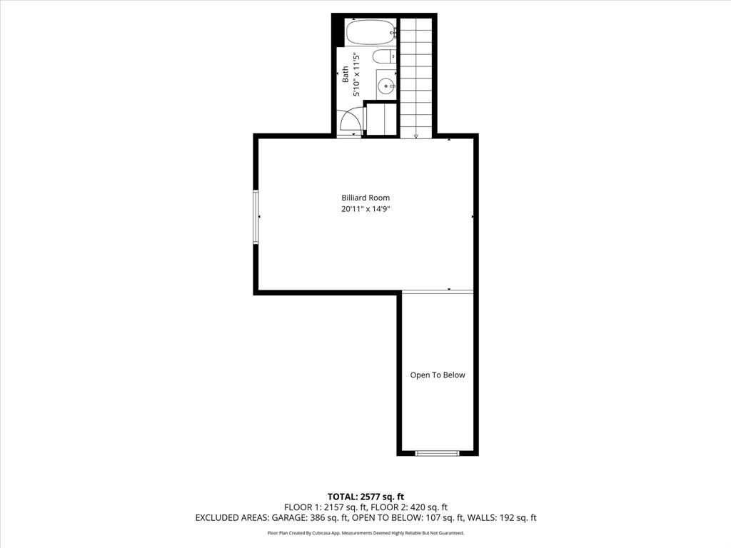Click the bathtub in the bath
pos(370,32)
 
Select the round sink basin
pos(386,86)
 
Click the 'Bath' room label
pos(346,74)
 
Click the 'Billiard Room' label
pos(365,198)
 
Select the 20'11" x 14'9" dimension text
pos(365,209)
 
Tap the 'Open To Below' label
pos(437,375)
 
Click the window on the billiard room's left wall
pos(256,217)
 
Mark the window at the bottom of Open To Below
pos(437,452)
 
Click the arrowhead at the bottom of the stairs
pos(415,136)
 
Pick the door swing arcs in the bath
pos(351,122)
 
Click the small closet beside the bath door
pos(381,118)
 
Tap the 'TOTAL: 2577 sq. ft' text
pos(365,497)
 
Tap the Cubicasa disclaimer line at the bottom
pos(365,533)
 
